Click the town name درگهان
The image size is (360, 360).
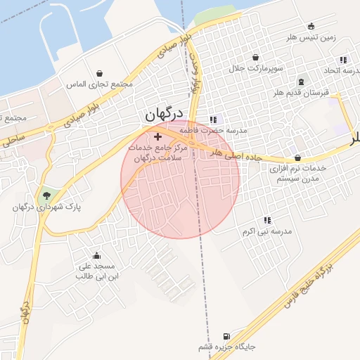click(164, 114)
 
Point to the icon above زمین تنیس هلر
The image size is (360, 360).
click(311, 26)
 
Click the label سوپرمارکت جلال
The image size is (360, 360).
click(255, 69)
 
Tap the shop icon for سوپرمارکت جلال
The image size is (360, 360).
click(255, 58)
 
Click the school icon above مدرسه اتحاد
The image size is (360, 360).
click(343, 60)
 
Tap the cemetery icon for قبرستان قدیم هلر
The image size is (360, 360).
click(301, 82)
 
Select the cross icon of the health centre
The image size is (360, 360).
click(157, 136)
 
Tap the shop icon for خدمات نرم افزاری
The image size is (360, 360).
click(297, 158)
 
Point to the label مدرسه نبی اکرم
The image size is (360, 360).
click(266, 231)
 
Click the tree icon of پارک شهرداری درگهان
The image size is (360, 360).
click(46, 195)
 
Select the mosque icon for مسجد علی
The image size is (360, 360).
click(96, 256)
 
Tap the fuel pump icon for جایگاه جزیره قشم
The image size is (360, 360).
click(226, 336)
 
